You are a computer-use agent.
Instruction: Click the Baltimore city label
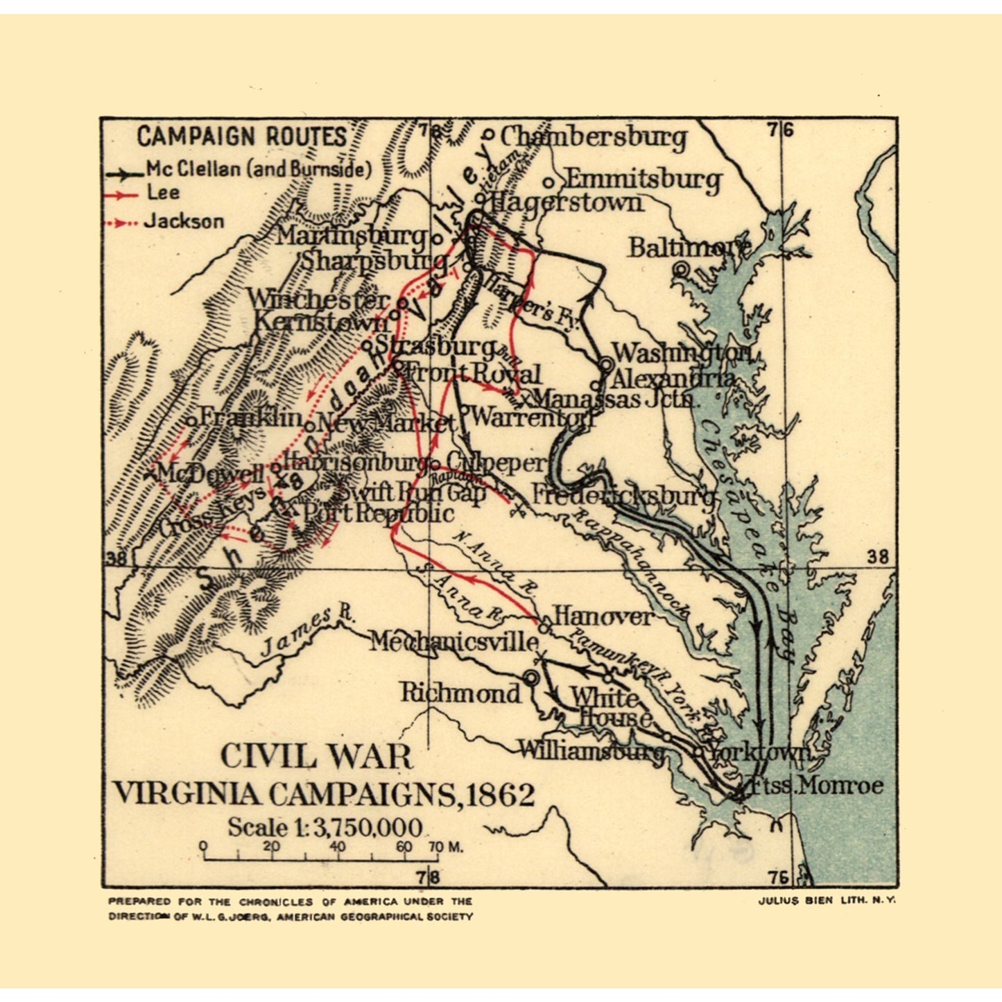[x=689, y=247]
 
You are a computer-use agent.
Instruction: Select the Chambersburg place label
[x=593, y=137]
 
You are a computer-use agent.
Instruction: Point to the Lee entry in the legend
[x=163, y=193]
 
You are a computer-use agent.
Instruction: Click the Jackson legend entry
[x=184, y=222]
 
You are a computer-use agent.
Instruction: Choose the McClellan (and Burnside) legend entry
[x=258, y=169]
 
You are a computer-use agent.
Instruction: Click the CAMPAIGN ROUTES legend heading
[x=241, y=137]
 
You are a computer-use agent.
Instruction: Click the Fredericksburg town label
[x=623, y=495]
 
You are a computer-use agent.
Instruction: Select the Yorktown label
[x=759, y=752]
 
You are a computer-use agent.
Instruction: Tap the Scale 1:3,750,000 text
[x=325, y=827]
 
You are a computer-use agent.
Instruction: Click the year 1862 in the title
[x=500, y=795]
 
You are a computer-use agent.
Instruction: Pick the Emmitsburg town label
[x=643, y=180]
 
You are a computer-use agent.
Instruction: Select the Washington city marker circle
[x=605, y=363]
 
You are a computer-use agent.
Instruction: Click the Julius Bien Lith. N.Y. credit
[x=827, y=899]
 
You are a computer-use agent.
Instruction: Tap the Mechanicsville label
[x=454, y=642]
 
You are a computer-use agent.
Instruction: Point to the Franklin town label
[x=250, y=417]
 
